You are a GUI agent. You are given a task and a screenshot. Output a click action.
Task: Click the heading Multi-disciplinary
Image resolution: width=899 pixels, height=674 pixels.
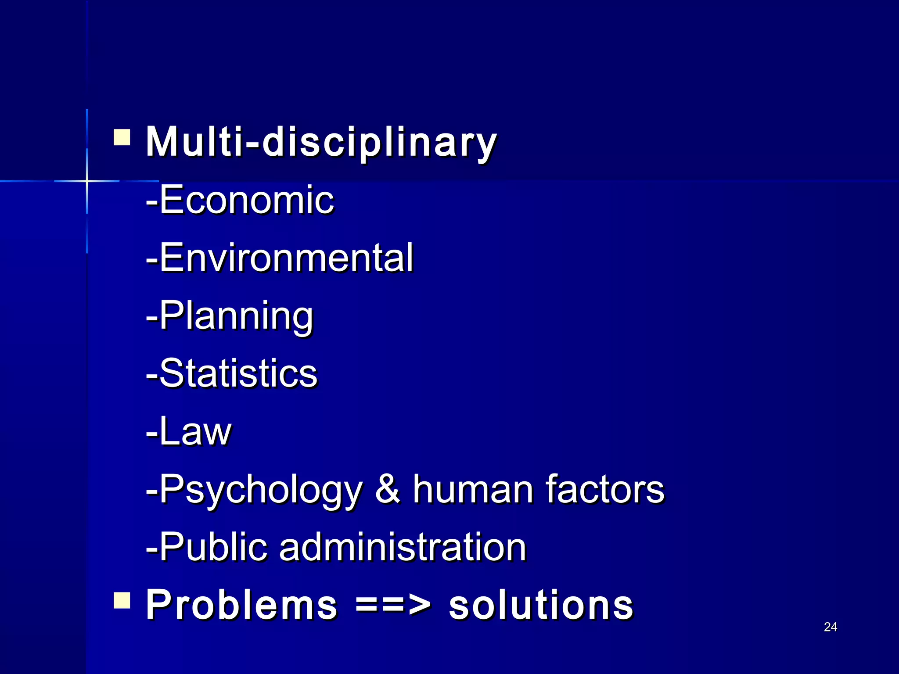[321, 141]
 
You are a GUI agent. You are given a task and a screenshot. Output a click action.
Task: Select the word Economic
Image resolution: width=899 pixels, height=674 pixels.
[246, 200]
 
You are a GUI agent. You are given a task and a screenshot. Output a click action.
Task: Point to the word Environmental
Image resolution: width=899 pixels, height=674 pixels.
[286, 258]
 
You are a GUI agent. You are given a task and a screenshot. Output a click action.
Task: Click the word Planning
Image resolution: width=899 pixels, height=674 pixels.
[236, 316]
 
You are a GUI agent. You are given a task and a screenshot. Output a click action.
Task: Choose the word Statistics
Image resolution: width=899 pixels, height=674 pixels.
[238, 373]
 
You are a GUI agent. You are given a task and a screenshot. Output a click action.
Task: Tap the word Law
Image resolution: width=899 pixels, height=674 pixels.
[195, 431]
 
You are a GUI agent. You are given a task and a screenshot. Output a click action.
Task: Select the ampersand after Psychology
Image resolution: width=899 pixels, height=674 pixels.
[388, 489]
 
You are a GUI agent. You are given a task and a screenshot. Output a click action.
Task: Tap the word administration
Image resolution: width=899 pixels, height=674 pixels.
[402, 546]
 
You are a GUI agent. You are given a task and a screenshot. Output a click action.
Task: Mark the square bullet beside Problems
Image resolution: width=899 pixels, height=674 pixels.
[122, 601]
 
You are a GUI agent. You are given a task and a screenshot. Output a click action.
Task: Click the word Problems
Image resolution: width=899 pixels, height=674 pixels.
[241, 605]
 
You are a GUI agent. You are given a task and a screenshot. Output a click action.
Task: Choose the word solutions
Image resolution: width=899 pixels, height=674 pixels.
[541, 605]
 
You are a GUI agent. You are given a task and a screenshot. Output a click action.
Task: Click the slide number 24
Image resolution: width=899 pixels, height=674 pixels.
[830, 627]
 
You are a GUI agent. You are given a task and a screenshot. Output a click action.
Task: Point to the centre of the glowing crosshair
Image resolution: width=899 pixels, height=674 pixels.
[87, 181]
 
